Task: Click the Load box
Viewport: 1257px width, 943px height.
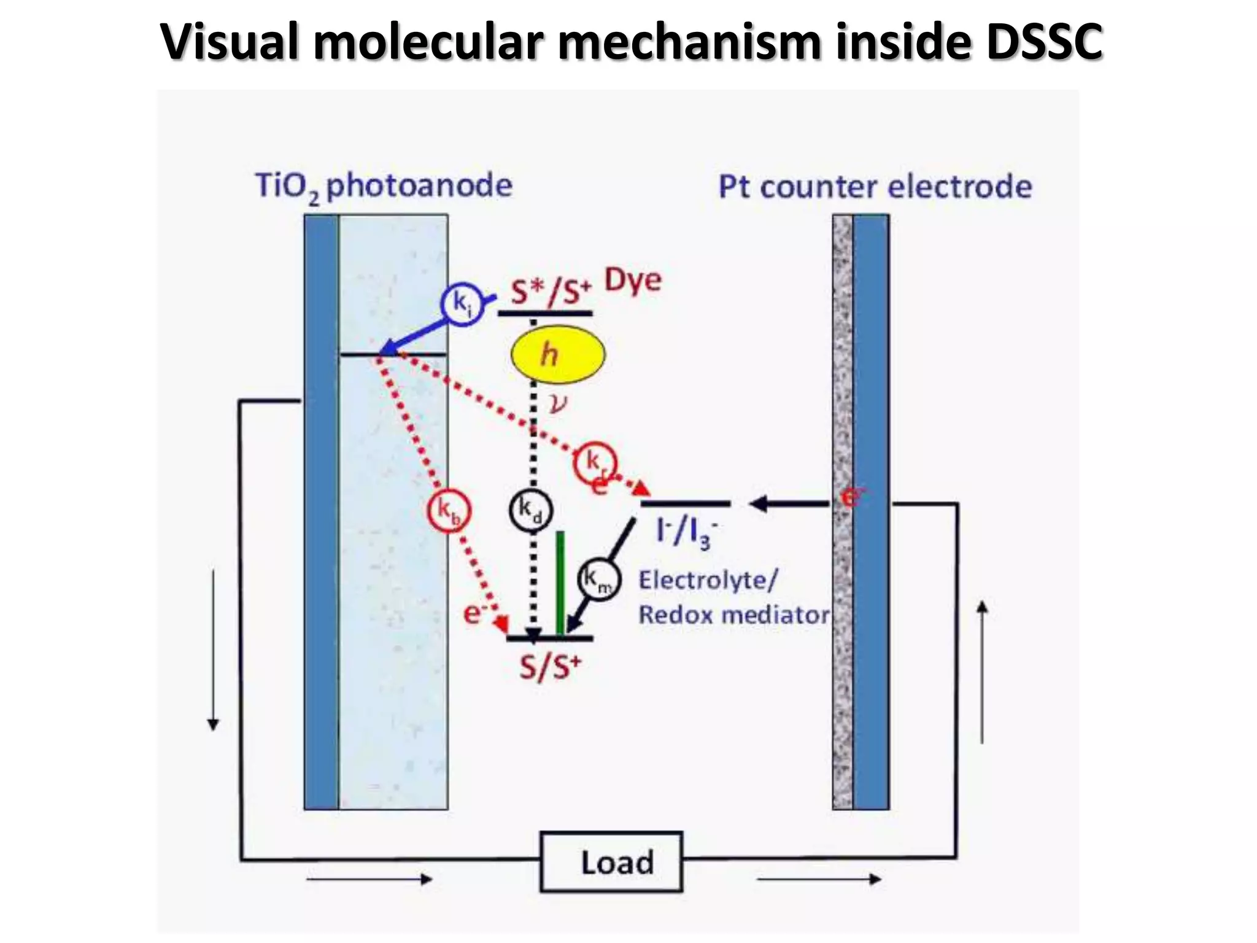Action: (611, 861)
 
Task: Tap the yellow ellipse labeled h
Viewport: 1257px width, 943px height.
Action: (558, 354)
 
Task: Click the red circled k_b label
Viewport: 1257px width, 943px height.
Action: (449, 510)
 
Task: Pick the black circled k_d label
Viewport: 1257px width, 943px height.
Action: (531, 510)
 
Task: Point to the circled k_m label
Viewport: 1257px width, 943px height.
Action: (600, 579)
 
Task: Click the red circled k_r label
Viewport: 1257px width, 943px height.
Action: (595, 462)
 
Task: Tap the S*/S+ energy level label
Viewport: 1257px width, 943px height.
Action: (551, 290)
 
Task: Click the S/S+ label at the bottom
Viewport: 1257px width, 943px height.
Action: (550, 667)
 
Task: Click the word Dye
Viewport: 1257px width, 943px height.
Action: (633, 281)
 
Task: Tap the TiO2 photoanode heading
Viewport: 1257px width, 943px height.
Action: (384, 186)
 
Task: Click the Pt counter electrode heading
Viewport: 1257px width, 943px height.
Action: (875, 187)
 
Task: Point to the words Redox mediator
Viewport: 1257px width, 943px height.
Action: (734, 615)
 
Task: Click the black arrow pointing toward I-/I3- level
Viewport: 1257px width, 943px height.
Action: (789, 504)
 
